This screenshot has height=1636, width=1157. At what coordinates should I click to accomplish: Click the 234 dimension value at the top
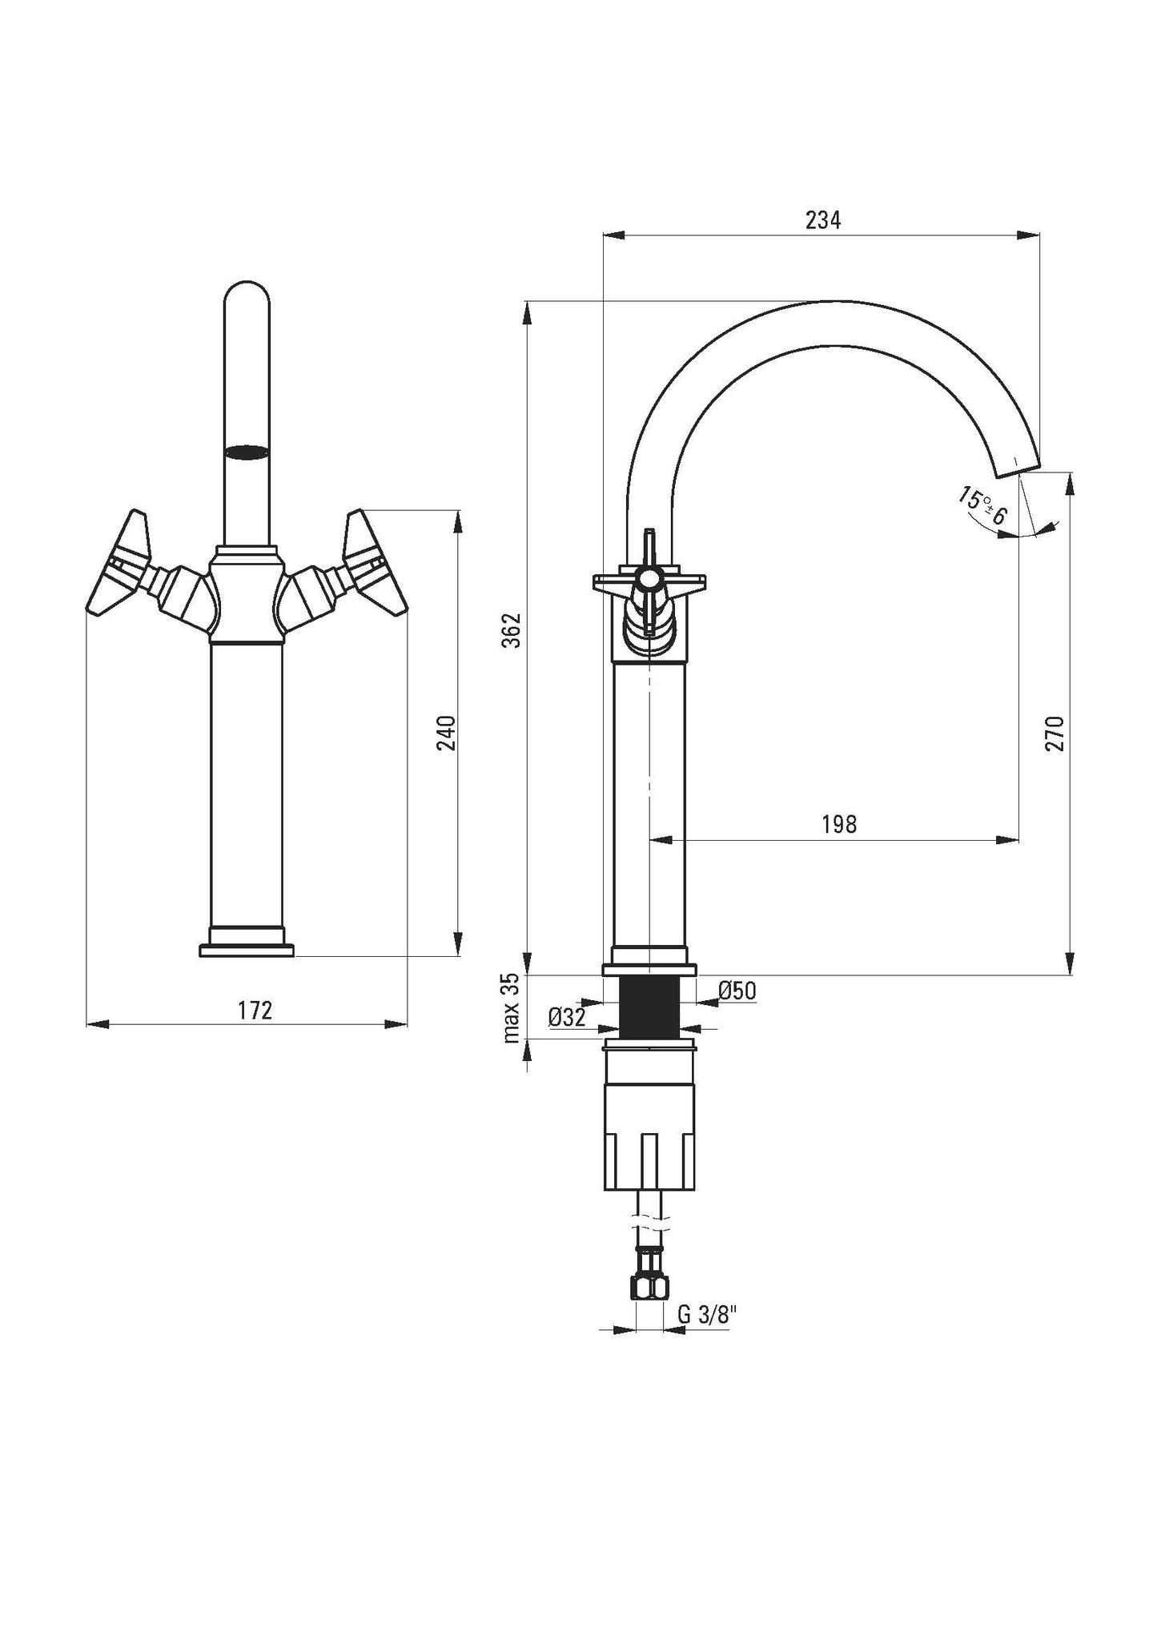[823, 221]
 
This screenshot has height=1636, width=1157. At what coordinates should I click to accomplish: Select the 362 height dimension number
[515, 630]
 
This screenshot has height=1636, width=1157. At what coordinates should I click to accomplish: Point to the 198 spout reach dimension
[839, 824]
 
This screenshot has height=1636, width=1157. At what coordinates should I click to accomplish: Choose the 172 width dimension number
[255, 1011]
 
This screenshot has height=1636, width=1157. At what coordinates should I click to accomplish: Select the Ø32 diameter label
[567, 1018]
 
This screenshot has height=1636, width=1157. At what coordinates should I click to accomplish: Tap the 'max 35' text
[512, 1008]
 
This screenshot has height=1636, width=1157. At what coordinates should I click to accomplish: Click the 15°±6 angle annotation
[982, 506]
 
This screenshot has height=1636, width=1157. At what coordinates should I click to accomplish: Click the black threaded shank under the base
[649, 1007]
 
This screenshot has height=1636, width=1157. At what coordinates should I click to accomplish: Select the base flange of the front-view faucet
[246, 950]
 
